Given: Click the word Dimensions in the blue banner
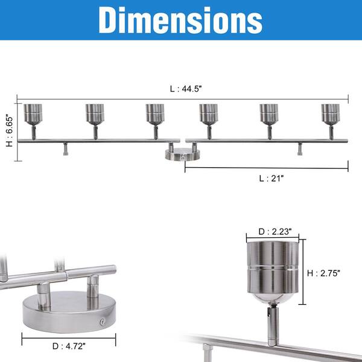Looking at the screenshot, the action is click(x=180, y=21).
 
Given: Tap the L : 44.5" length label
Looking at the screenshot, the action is click(x=186, y=89).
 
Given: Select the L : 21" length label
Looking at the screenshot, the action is click(x=271, y=179).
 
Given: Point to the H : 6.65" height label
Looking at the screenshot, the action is click(x=10, y=131).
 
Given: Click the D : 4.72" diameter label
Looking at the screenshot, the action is click(x=69, y=346).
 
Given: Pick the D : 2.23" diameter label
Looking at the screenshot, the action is click(x=275, y=232).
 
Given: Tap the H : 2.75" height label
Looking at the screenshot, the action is click(x=323, y=273).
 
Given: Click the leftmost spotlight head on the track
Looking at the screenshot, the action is click(x=33, y=115).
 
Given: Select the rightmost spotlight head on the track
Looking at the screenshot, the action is click(x=331, y=115).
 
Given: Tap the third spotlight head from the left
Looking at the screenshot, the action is click(x=155, y=115).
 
